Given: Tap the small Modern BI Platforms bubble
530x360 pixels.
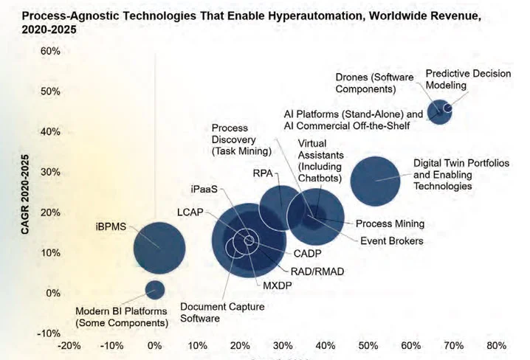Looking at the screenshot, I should pos(154,288).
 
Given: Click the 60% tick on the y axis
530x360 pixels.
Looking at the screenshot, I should pos(50,51).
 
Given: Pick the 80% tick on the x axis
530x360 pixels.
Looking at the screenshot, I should pos(496,345).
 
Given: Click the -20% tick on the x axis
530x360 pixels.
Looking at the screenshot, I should pos(69,345).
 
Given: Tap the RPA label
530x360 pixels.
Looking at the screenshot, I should pos(263,173).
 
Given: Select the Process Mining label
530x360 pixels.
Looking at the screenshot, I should pos(390,224).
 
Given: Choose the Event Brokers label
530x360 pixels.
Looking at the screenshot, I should pos(391,240).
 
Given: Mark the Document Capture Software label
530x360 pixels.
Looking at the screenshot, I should pos(210,313).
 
